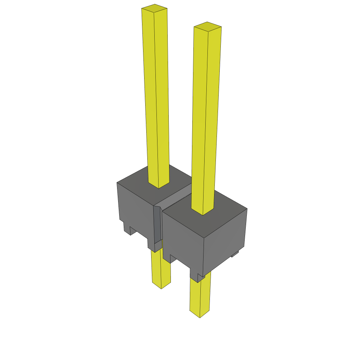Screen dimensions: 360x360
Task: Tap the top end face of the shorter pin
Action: point(207,26)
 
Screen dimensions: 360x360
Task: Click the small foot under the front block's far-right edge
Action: point(235,253)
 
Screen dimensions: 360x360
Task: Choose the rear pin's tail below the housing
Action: point(161,269)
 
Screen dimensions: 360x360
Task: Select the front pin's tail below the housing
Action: point(200,297)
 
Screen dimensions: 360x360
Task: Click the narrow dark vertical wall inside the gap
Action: point(157,225)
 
